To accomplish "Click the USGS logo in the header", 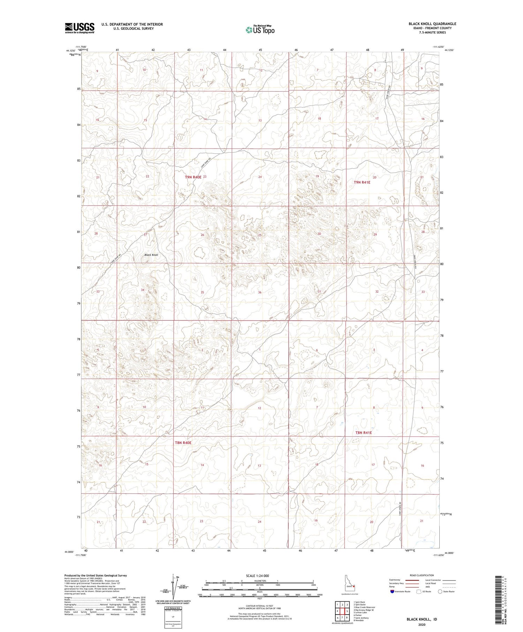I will pyautogui.click(x=79, y=28).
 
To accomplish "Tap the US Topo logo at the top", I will pyautogui.click(x=260, y=30).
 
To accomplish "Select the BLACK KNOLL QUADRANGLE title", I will pyautogui.click(x=432, y=24).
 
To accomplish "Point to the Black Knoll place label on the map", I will pyautogui.click(x=151, y=255).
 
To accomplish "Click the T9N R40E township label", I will pyautogui.click(x=193, y=177).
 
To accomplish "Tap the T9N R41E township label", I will pyautogui.click(x=362, y=182).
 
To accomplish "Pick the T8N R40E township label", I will pyautogui.click(x=183, y=443).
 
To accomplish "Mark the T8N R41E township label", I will pyautogui.click(x=363, y=433).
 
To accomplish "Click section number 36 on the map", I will pyautogui.click(x=260, y=292).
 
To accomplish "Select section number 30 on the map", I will pyautogui.click(x=319, y=234).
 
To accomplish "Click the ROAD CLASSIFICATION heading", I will pyautogui.click(x=422, y=575).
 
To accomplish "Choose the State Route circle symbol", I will pyautogui.click(x=440, y=591).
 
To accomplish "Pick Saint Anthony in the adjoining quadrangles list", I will pyautogui.click(x=361, y=618).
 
